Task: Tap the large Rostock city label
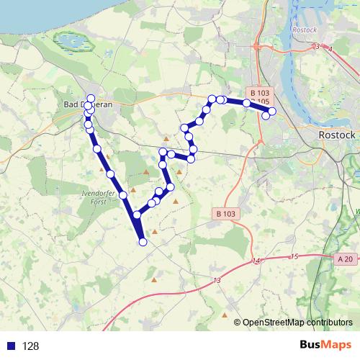coord(337,135)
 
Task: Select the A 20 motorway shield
coord(345,258)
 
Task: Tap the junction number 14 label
coord(255,261)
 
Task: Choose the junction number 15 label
coord(293,256)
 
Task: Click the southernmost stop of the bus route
coord(143,243)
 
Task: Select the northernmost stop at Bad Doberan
coord(90,98)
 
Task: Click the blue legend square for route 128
coord(9,346)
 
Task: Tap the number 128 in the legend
coord(30,346)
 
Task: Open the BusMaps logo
coord(325,345)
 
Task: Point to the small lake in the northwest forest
coord(71,43)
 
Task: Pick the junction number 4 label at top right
coord(330,49)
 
